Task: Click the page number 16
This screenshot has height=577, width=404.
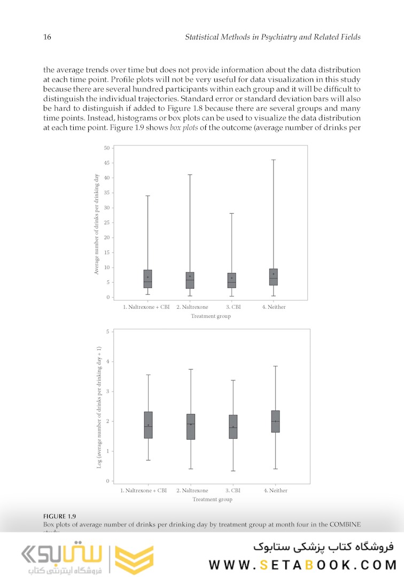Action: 46,37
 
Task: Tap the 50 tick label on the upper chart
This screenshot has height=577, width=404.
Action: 107,148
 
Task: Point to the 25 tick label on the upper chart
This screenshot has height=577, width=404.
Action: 107,223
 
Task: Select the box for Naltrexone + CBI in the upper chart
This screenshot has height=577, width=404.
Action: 147,279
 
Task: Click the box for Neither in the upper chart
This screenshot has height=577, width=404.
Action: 273,277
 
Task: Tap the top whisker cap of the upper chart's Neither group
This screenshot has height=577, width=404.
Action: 273,160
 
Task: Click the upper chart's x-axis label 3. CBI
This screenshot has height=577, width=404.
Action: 232,307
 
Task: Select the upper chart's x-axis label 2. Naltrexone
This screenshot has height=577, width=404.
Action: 192,307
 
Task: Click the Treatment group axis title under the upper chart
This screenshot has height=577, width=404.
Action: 211,316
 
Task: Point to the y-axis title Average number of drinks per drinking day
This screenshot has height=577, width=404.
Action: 97,224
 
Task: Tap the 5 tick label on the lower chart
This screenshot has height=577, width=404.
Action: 107,332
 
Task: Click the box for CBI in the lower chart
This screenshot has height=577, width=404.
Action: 233,427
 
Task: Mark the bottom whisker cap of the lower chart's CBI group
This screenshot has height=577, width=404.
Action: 233,471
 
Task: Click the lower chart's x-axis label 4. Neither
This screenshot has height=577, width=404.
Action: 275,490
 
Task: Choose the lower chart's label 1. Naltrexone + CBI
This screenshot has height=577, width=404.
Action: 144,490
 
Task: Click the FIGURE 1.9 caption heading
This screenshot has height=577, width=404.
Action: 59,516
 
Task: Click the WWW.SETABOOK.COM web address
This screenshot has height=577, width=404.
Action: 302,564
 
